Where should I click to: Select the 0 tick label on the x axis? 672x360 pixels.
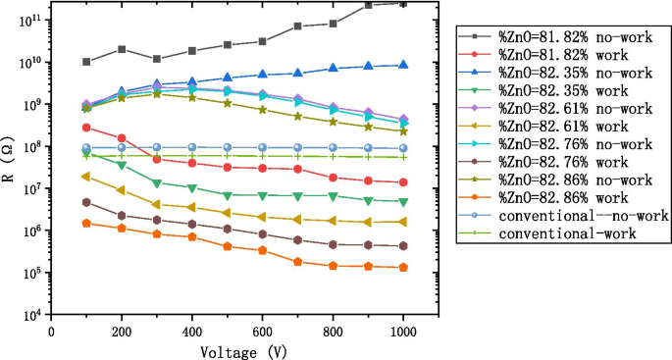point(51,331)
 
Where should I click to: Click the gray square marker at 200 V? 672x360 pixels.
point(122,49)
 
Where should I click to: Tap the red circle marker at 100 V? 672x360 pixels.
point(86,128)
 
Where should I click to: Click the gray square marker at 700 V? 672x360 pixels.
point(297,26)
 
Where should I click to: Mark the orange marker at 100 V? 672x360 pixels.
point(86,223)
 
